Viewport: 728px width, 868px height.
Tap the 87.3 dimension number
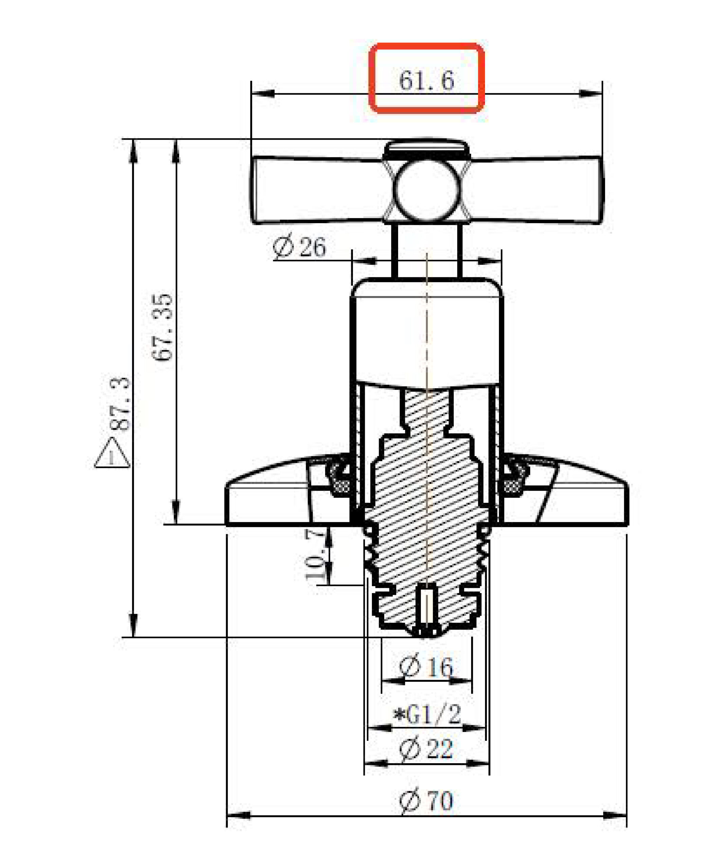coord(120,404)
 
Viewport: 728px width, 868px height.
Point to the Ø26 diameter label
coord(299,247)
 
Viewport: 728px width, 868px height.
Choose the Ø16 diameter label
coord(426,666)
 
